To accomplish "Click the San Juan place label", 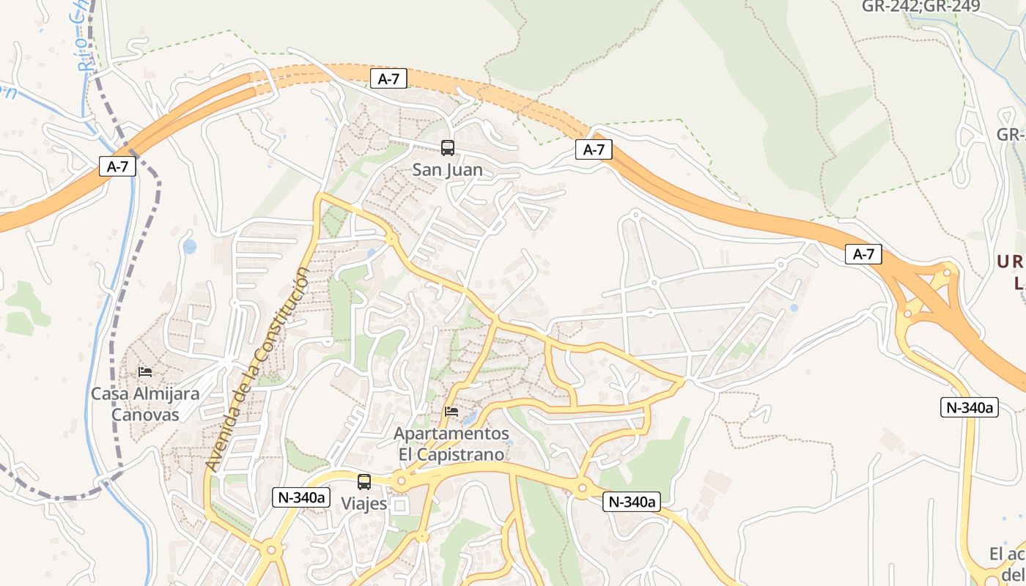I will (x=447, y=170).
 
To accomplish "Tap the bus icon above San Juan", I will (x=447, y=148).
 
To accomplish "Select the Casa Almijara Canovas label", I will (x=145, y=404).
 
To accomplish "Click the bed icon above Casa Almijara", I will (x=145, y=372).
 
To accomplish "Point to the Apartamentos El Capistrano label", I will (x=451, y=444).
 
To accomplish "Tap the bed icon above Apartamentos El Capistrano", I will (x=451, y=412).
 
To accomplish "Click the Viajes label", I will (x=364, y=504).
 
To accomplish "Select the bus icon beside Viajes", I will (x=364, y=481).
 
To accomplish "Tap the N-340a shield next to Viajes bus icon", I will (x=300, y=497).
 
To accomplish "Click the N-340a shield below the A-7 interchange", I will (x=969, y=407).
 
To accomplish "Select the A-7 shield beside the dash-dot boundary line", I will (x=117, y=166).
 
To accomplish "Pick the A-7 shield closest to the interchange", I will (x=863, y=254).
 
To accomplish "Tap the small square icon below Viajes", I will (x=400, y=505).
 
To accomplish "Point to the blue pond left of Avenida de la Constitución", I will (x=190, y=247).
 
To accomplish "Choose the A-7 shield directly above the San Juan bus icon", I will (x=388, y=78).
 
